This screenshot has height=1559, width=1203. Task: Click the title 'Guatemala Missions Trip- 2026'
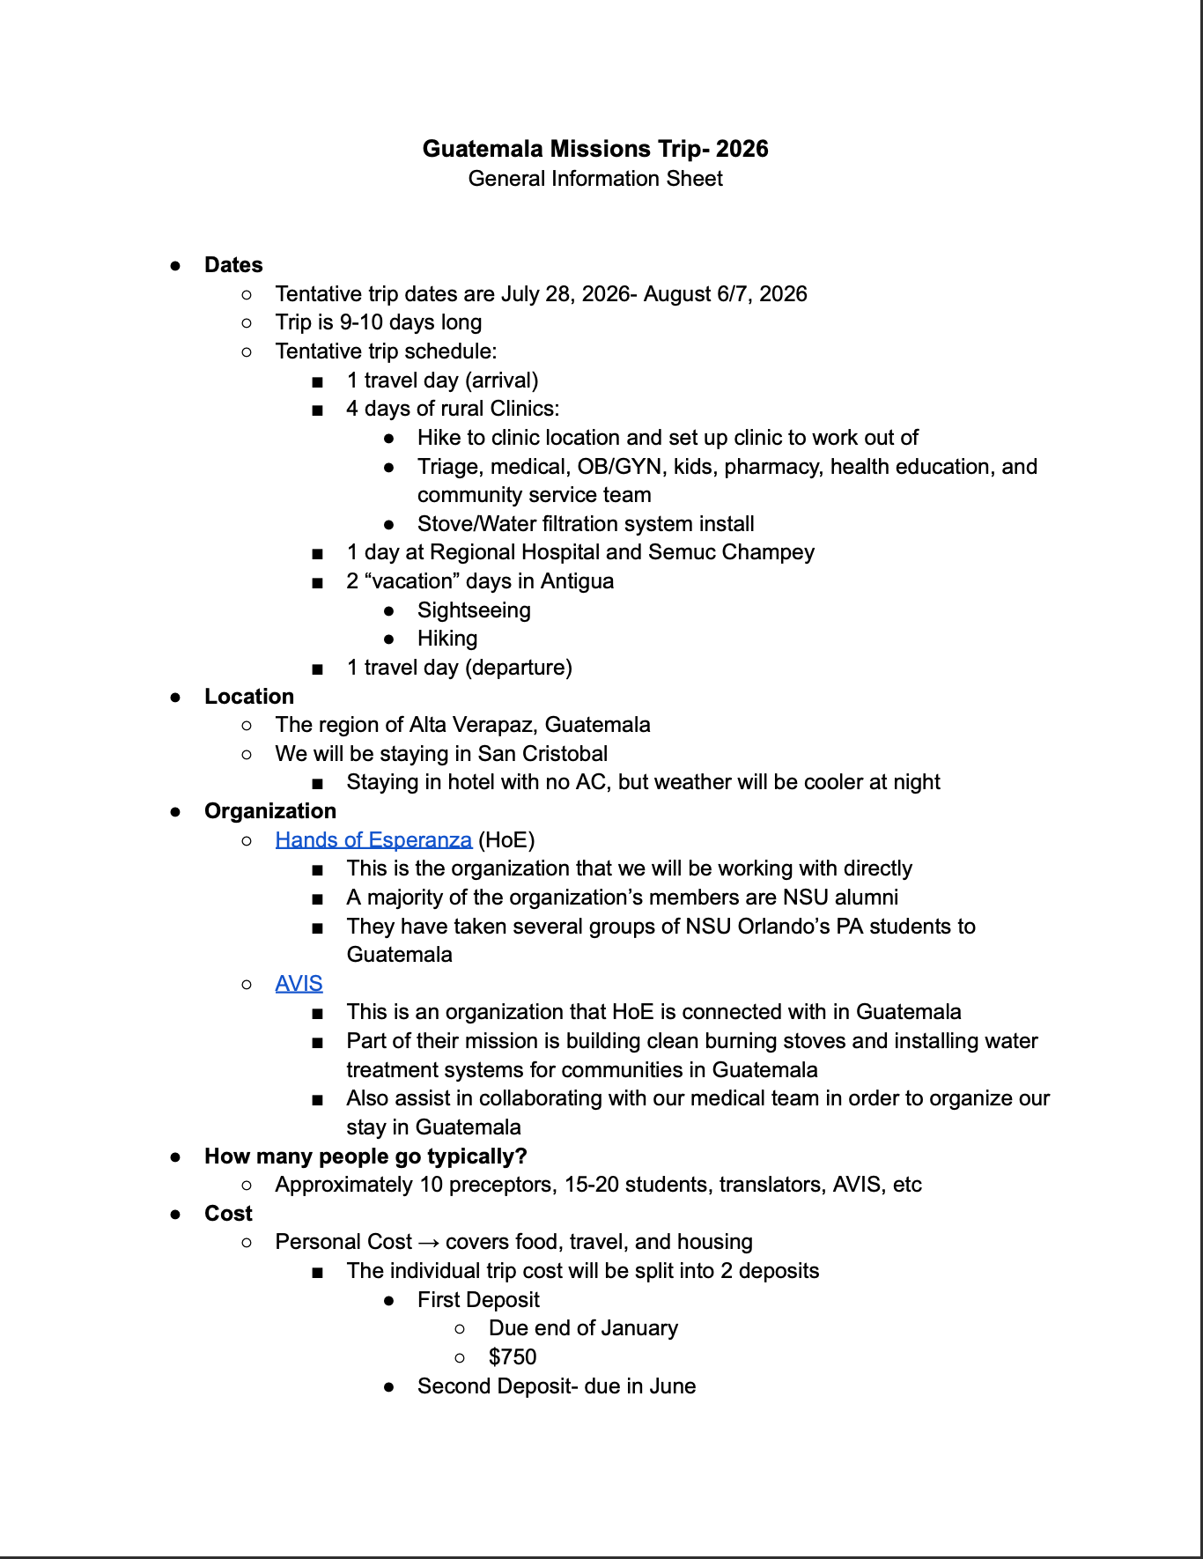click(x=595, y=149)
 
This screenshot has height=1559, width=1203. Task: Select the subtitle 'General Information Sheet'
click(x=595, y=179)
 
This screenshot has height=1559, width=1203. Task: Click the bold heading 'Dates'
click(x=233, y=265)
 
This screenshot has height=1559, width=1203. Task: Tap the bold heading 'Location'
click(x=249, y=697)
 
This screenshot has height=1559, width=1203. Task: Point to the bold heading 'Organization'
click(x=270, y=811)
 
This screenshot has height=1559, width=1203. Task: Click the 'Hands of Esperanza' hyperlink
click(x=373, y=840)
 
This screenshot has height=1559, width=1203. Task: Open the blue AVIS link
click(x=299, y=984)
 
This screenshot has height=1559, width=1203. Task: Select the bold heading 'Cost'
click(x=228, y=1214)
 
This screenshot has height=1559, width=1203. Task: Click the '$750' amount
click(x=513, y=1357)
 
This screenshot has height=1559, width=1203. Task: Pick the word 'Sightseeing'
click(x=474, y=610)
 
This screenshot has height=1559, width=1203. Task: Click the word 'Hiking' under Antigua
click(x=447, y=639)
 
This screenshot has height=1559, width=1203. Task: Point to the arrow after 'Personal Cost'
click(x=429, y=1243)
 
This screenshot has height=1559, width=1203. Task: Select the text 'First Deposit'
click(x=478, y=1300)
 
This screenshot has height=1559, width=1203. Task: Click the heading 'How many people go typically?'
click(x=365, y=1156)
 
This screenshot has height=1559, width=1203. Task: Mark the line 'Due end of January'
click(x=583, y=1328)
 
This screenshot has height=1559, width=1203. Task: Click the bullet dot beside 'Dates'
click(x=176, y=266)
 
